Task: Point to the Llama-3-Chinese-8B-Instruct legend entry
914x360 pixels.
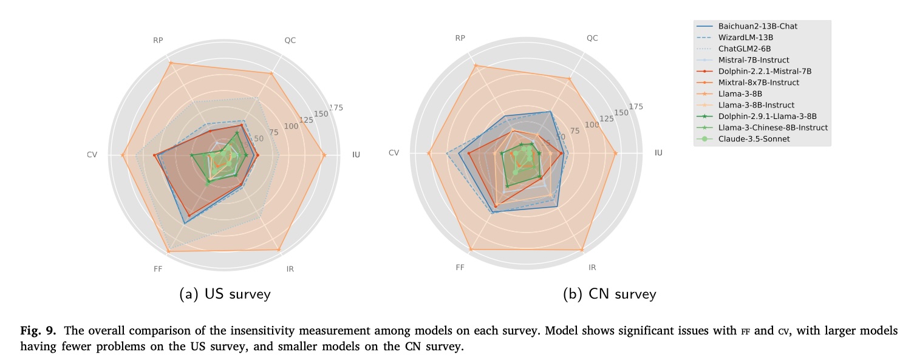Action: click(x=772, y=127)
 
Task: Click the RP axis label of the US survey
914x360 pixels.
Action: click(x=158, y=41)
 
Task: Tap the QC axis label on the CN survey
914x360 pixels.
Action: click(x=592, y=38)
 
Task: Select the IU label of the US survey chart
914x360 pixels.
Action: click(x=356, y=155)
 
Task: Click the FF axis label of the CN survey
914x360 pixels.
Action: click(x=460, y=268)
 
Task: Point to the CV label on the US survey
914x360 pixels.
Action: click(x=92, y=155)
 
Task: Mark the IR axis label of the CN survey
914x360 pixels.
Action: click(x=592, y=268)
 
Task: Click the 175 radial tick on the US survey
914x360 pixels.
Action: click(x=336, y=108)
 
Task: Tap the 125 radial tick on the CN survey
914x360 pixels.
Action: click(x=605, y=118)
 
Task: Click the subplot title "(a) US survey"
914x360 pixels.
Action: click(x=225, y=294)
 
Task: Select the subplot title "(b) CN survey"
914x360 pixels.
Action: click(x=610, y=294)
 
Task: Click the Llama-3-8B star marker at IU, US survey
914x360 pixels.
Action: click(x=324, y=155)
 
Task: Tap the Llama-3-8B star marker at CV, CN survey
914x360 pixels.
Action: click(x=429, y=153)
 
